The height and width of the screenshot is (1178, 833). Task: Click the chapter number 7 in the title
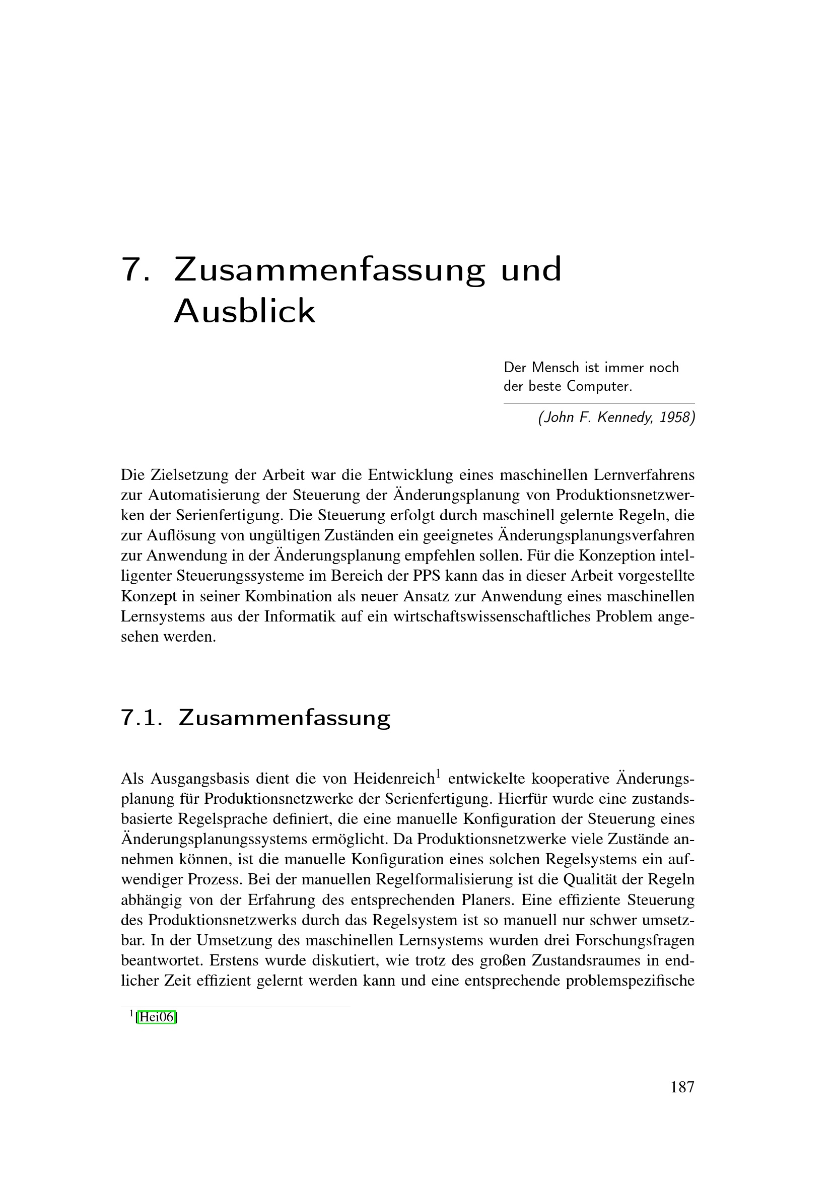(x=135, y=269)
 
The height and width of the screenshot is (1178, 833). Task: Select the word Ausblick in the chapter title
(x=245, y=311)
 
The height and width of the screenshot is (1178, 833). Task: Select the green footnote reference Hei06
(x=157, y=1017)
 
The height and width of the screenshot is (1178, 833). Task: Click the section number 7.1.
(x=142, y=718)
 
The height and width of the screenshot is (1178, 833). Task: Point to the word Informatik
(x=297, y=616)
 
